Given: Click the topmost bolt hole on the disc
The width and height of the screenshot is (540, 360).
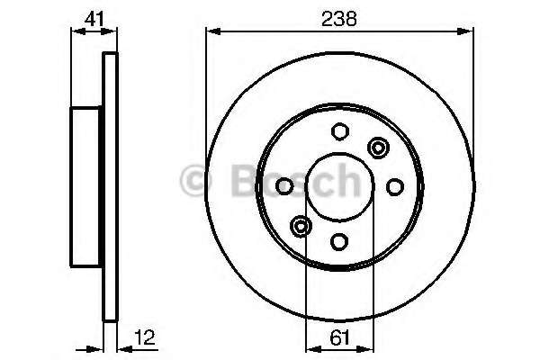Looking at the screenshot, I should click(x=339, y=131).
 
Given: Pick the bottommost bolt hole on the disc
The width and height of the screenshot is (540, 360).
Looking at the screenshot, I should click(x=339, y=241).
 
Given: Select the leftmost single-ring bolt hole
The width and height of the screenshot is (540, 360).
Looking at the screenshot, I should click(x=285, y=186).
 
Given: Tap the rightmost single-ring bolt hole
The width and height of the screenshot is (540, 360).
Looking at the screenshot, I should click(x=394, y=186).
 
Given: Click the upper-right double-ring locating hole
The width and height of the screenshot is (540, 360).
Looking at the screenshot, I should click(x=378, y=148).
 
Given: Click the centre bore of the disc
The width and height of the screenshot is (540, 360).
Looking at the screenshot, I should click(x=339, y=186).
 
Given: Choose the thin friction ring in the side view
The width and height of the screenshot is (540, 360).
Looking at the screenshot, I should click(x=111, y=186).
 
